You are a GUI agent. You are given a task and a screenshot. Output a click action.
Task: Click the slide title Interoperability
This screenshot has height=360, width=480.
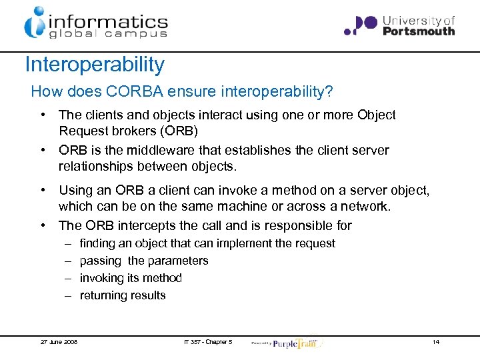(94, 65)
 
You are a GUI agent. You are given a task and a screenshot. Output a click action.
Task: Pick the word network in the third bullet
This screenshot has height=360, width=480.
(365, 207)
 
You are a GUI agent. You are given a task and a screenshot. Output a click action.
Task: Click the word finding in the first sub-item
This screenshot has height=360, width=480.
(98, 244)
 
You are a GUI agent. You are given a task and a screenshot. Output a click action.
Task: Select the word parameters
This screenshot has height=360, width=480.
(178, 261)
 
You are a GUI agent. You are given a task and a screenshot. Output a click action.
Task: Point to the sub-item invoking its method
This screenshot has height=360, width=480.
(131, 278)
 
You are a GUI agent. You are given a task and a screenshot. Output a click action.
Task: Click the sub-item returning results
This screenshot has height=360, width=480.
(123, 295)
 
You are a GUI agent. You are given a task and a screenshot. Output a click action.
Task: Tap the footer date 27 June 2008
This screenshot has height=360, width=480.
(59, 342)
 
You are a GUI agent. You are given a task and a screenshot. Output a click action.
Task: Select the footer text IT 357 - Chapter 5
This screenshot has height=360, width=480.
(208, 342)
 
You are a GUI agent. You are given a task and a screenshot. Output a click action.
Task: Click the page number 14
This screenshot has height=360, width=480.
(435, 342)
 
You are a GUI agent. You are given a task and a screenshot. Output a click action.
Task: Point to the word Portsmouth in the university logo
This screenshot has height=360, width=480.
(419, 31)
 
